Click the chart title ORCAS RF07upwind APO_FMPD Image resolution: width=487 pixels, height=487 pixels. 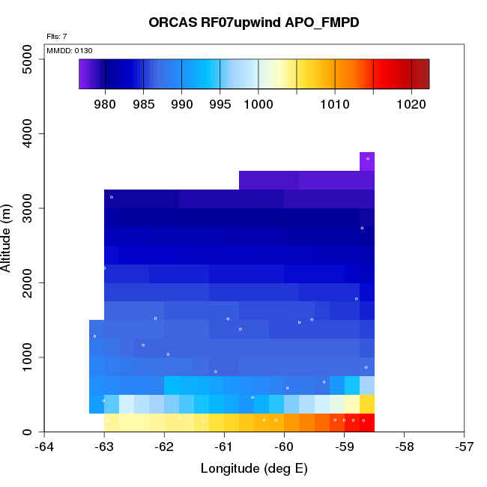point(254,22)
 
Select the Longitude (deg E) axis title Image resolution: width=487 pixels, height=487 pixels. point(254,469)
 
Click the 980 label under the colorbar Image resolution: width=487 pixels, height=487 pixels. point(106,103)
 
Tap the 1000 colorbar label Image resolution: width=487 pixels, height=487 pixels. point(258,103)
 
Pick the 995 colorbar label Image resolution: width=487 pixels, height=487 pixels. point(220,103)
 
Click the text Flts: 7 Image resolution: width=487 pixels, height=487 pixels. point(57,36)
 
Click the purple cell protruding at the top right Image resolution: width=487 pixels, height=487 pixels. point(367,161)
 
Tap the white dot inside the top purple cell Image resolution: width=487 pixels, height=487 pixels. point(368,159)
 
